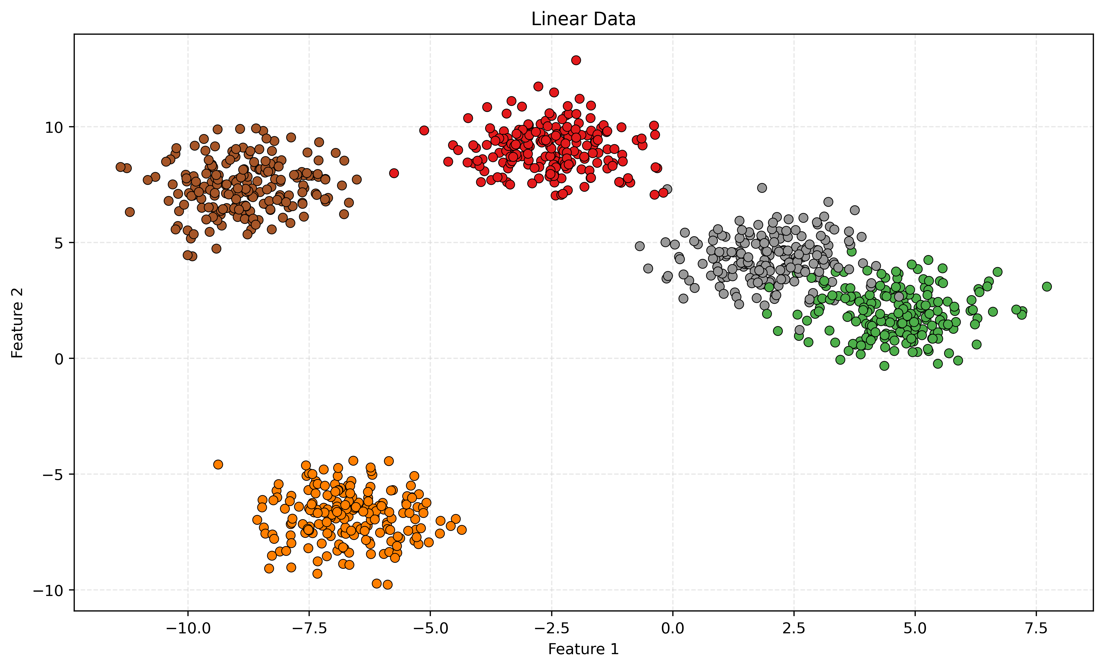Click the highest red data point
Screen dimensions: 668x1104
(576, 60)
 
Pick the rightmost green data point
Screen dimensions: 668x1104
(1047, 286)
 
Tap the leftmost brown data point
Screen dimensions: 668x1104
(120, 167)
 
